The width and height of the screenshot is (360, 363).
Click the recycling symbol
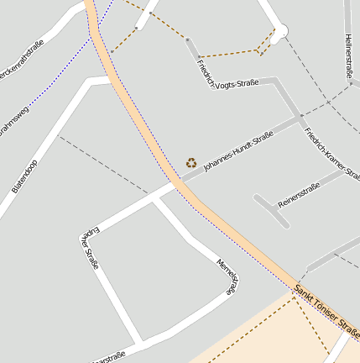coord(191,162)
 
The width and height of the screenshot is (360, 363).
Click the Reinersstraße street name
coord(299,195)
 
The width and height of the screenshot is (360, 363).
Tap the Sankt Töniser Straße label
coord(326,308)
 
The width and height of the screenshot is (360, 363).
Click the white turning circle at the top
coord(279,32)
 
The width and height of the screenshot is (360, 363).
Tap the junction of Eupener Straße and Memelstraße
coord(153,200)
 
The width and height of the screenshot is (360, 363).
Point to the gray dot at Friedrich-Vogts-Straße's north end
coord(186,39)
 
